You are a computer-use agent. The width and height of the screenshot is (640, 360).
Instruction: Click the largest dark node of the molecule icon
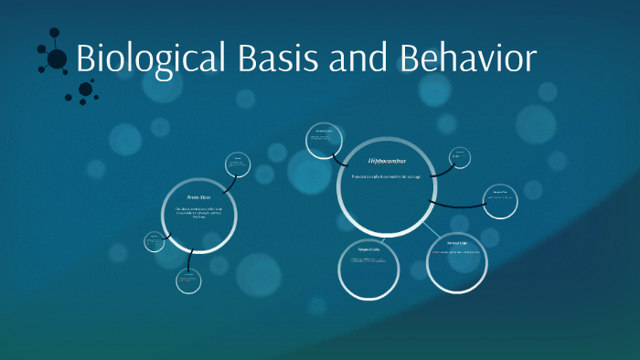point(57,58)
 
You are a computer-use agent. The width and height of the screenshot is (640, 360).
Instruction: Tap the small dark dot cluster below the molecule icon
point(86,89)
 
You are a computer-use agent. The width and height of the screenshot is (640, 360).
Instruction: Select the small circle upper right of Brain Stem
point(238,165)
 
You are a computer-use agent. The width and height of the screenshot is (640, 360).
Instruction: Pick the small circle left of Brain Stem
point(155,242)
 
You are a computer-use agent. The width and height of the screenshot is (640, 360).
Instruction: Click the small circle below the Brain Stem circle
point(189,281)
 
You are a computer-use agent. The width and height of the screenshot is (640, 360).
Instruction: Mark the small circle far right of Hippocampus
point(501,201)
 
